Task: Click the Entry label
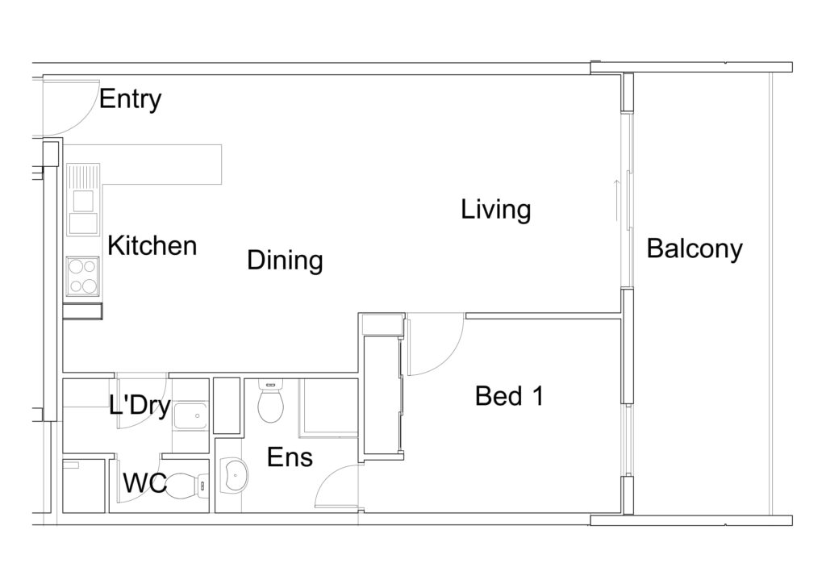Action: pos(130,99)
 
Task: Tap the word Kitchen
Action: pos(152,246)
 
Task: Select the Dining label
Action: pos(285,261)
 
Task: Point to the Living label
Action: pos(496,210)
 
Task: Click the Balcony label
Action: pos(695,248)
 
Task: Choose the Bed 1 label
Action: pos(509,396)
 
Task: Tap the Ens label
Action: pos(290,457)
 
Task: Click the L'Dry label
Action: pos(140,406)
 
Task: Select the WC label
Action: pos(145,483)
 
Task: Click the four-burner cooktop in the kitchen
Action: pos(83,276)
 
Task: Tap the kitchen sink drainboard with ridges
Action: pos(83,177)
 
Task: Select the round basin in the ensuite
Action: pos(233,475)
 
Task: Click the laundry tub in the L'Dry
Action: pos(190,416)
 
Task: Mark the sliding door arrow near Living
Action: pos(616,201)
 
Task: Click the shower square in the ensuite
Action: pos(328,408)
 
